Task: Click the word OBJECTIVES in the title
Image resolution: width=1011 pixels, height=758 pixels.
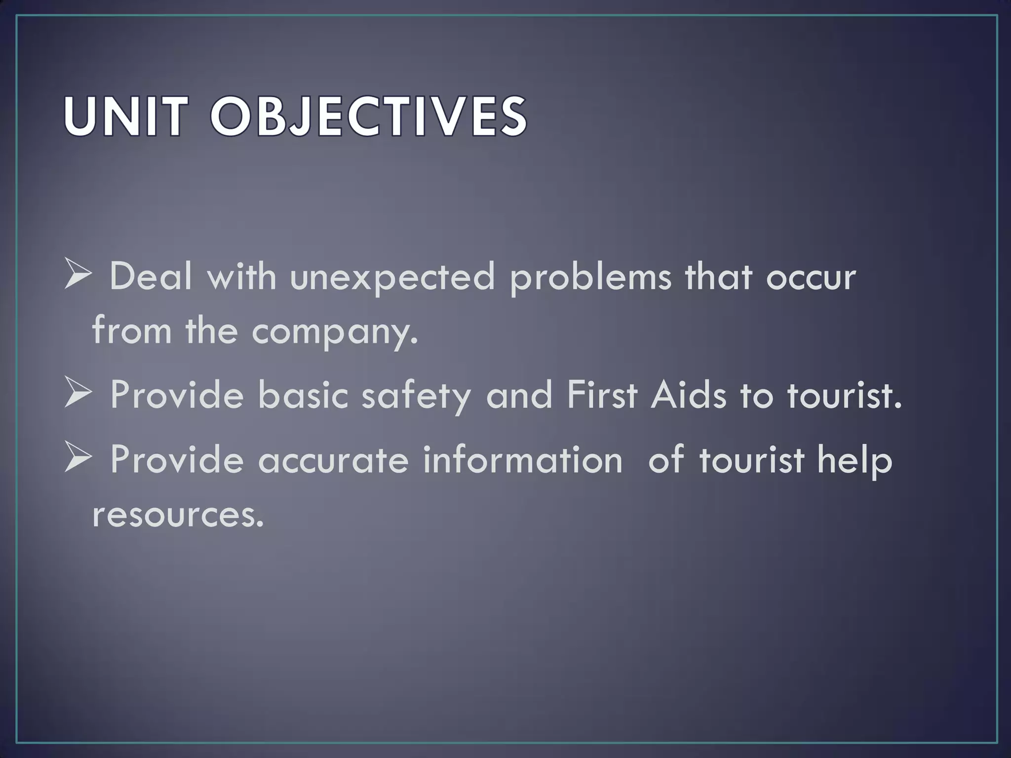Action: (368, 117)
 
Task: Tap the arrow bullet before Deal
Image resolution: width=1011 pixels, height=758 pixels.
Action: (78, 276)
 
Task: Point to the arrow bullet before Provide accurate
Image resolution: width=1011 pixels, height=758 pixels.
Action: (78, 458)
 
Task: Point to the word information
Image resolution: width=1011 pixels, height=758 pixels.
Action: (522, 459)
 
